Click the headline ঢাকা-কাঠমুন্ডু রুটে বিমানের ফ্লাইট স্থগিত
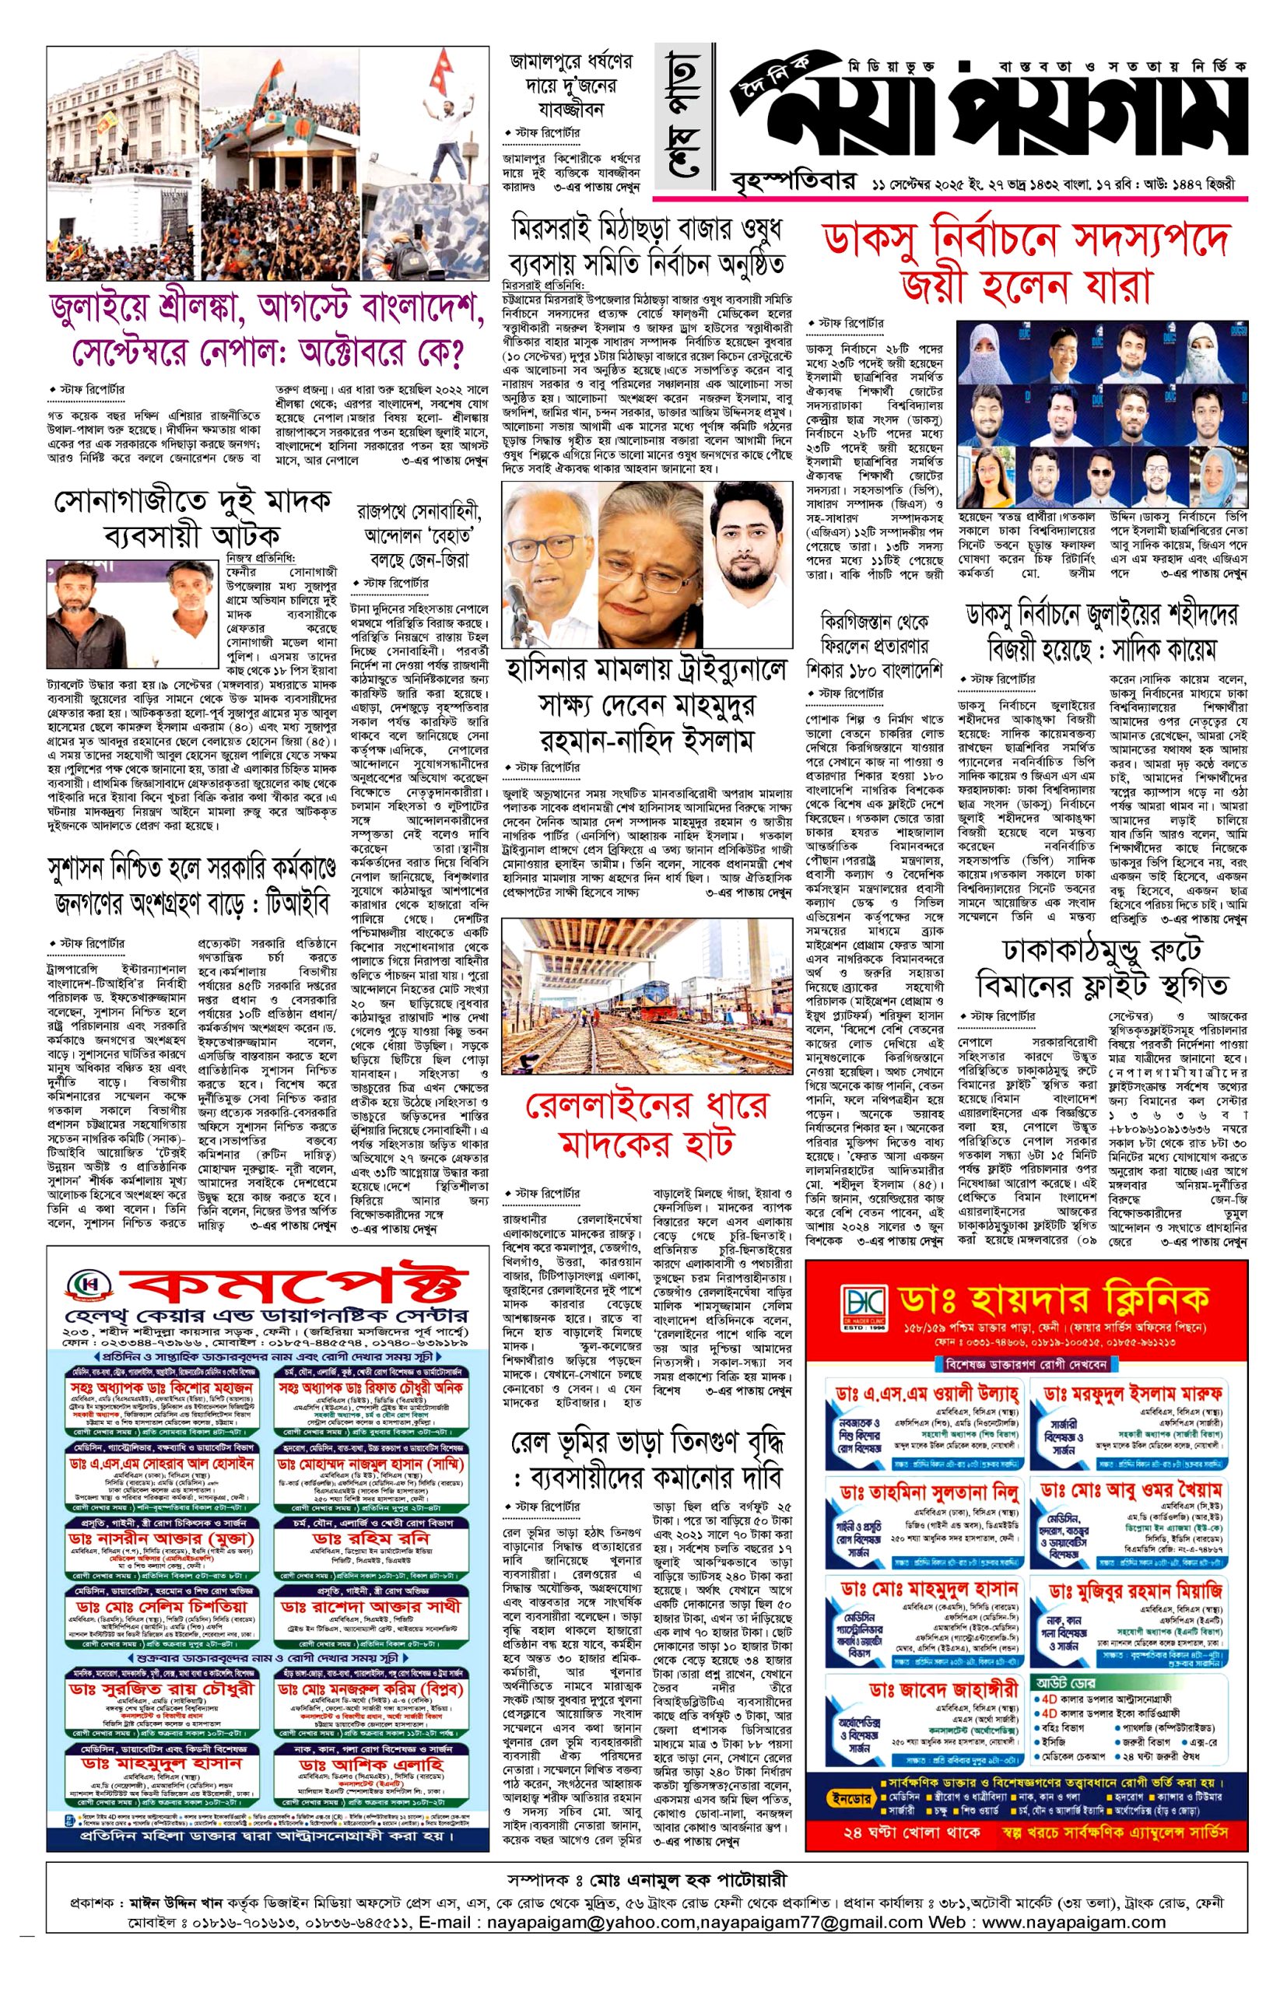click(x=1102, y=967)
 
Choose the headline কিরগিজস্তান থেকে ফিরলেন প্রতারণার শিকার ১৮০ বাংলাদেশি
click(x=873, y=644)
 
